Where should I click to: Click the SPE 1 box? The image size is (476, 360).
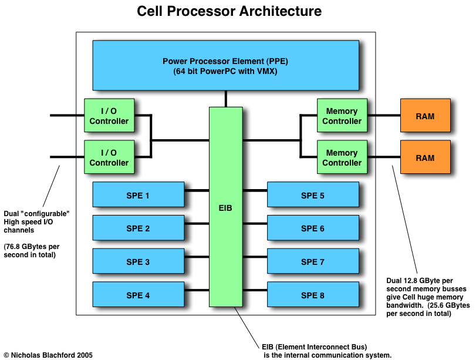(138, 195)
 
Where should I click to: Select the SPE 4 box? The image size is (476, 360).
(138, 295)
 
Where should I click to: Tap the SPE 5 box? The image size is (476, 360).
(313, 195)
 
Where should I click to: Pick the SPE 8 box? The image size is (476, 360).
(313, 295)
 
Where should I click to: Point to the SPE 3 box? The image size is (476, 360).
(138, 262)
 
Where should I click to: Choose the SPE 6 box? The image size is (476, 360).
(313, 228)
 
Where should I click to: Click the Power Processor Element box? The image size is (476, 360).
(225, 65)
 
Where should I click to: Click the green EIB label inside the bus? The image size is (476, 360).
(225, 208)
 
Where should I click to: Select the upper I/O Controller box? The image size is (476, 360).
(109, 116)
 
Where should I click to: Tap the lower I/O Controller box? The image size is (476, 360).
(109, 157)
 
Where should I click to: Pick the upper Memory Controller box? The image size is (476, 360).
(342, 116)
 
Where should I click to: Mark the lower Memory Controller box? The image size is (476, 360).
(342, 157)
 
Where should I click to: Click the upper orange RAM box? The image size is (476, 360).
(425, 116)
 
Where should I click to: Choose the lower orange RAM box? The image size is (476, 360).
(425, 157)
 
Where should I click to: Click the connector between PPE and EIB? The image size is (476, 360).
(225, 99)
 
